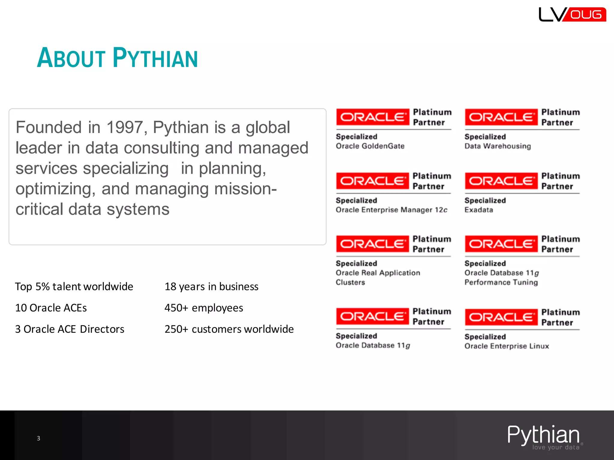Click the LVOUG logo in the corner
coord(572,14)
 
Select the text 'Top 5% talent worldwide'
coord(74,287)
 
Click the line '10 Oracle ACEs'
coord(51,308)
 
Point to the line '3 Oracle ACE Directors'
coord(70,329)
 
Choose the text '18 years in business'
coord(211,287)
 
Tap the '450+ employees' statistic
coord(204,308)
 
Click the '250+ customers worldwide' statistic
coord(229,329)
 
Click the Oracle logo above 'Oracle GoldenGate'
coord(372,117)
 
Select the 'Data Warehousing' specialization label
coord(498,146)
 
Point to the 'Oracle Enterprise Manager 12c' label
coord(391,210)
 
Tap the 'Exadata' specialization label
coord(479,210)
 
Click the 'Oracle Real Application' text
coord(378,273)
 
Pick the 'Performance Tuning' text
coord(501,282)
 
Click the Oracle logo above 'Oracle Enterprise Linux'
coord(501,317)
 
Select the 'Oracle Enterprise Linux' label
coord(507,346)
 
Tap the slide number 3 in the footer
coord(38,438)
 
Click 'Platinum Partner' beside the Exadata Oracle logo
coord(560,181)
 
